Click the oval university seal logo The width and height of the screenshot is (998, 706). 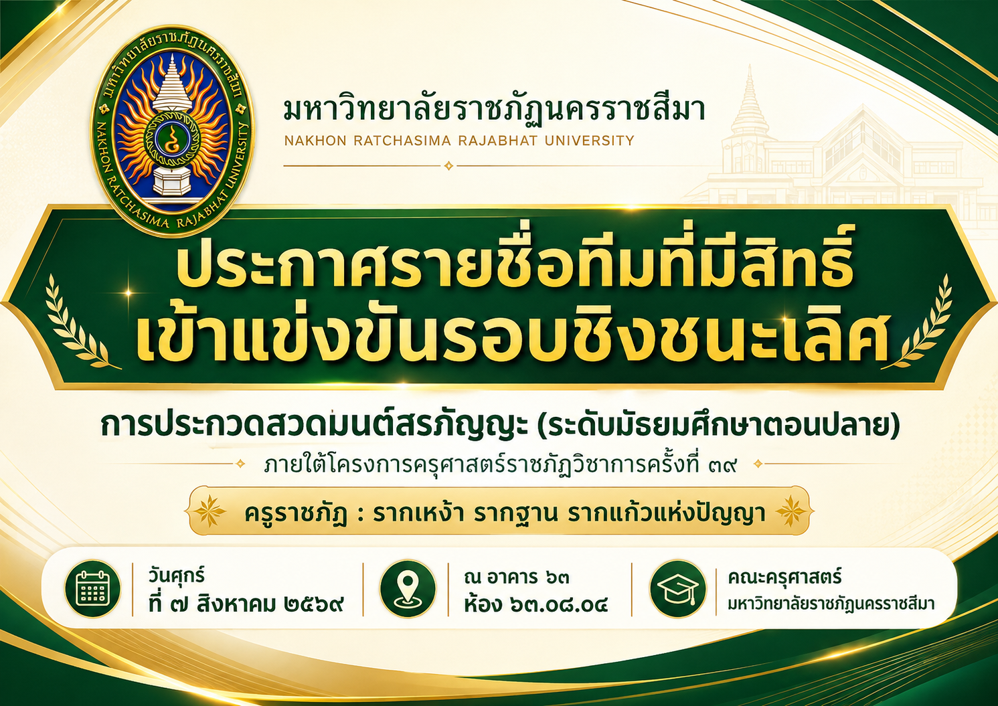point(173,130)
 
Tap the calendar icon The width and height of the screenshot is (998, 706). point(92,589)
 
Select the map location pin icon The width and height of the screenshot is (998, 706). point(407,589)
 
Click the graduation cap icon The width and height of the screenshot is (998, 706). point(677,589)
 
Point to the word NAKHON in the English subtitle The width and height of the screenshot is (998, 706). point(315,141)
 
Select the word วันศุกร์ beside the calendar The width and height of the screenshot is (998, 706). point(177,576)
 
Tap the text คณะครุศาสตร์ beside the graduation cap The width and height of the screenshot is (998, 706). point(784,577)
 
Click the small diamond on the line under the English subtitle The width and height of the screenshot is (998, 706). point(448,166)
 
